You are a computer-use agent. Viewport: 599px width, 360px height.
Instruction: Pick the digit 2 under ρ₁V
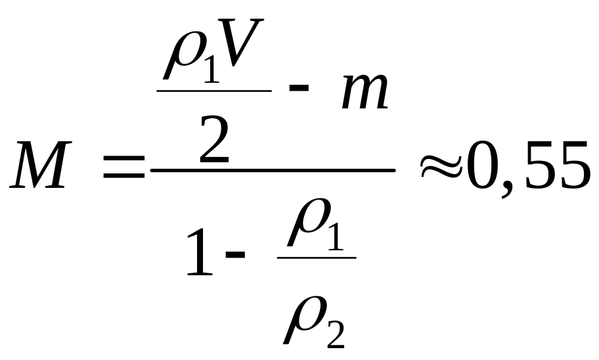(215, 140)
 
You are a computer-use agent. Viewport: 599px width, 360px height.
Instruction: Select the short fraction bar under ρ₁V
(214, 90)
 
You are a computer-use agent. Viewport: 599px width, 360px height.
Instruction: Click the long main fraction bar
(273, 170)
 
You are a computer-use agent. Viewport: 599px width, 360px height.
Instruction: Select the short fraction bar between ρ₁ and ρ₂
(317, 257)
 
